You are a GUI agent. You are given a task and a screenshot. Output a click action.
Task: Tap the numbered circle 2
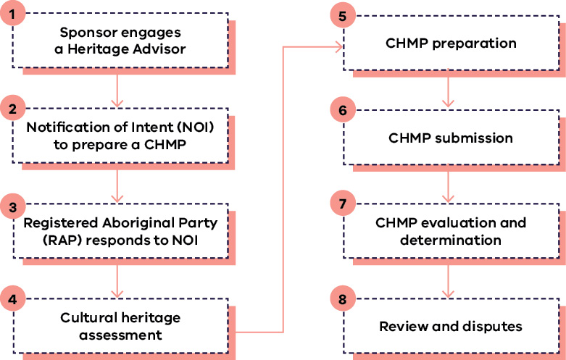[12, 109]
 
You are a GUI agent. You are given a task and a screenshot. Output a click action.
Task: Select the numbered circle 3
[12, 205]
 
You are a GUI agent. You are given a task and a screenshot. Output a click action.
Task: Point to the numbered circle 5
[342, 14]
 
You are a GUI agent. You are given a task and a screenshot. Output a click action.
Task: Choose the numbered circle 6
[342, 109]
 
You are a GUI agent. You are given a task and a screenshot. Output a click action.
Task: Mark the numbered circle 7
[342, 204]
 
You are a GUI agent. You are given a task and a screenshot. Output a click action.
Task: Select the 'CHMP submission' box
[451, 138]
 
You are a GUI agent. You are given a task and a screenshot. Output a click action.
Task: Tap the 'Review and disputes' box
[451, 327]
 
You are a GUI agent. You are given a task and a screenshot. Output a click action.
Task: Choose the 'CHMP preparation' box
[451, 43]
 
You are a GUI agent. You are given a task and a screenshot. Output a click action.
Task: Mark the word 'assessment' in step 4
[120, 335]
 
